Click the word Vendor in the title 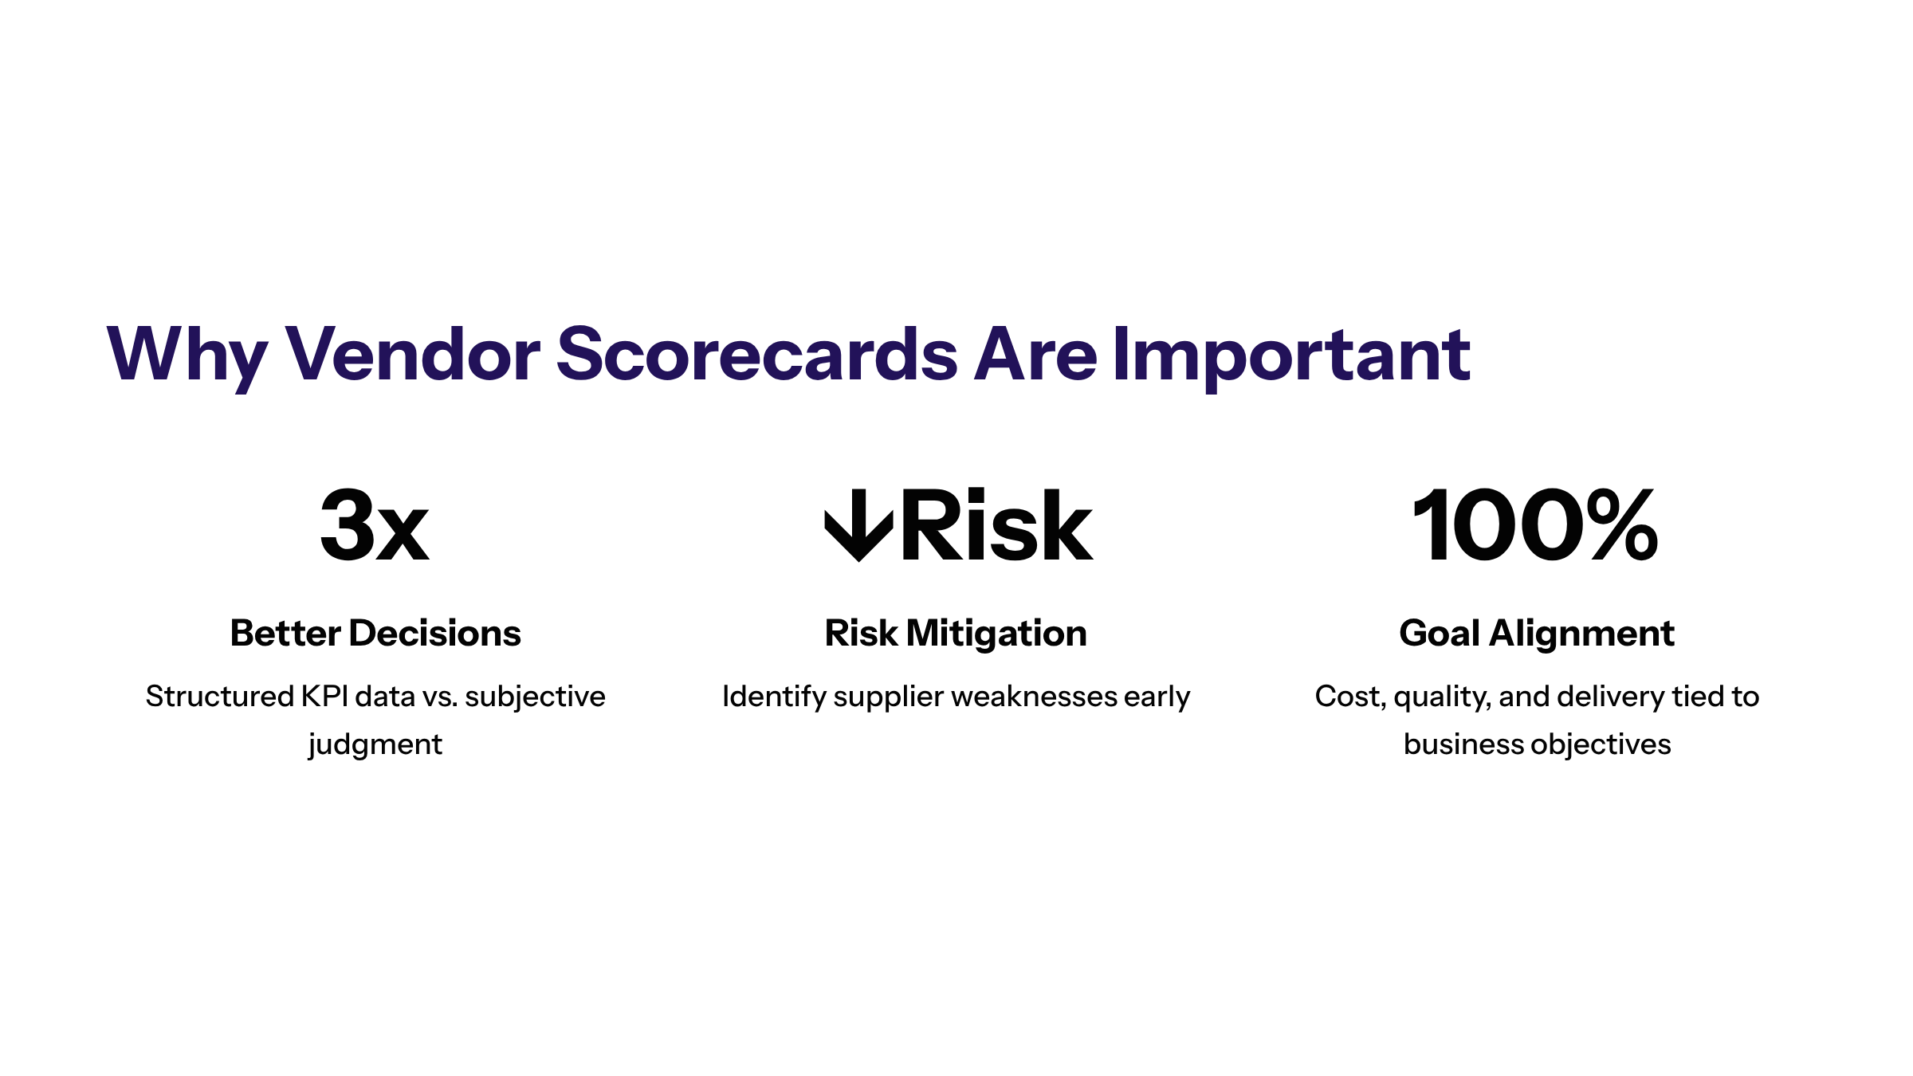click(412, 354)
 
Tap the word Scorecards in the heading click(756, 354)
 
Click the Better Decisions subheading click(375, 634)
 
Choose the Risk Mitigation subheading click(956, 634)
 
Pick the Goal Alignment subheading click(1537, 634)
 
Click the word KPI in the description click(324, 697)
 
